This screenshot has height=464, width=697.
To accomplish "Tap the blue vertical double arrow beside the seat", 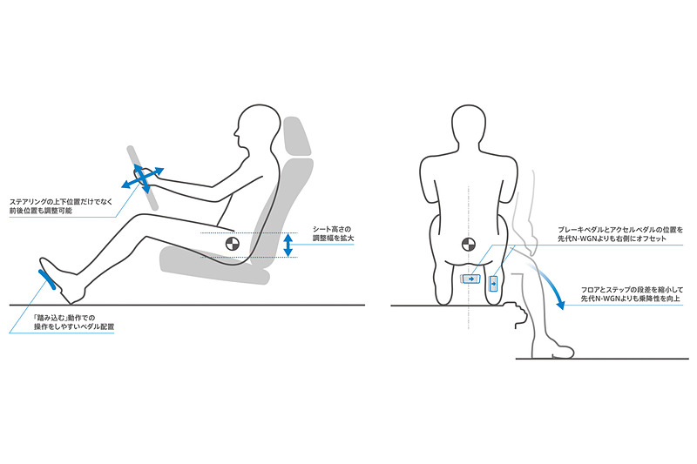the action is pyautogui.click(x=288, y=245).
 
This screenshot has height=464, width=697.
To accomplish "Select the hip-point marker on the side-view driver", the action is pyautogui.click(x=232, y=244).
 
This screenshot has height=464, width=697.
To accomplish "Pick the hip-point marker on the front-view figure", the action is pyautogui.click(x=469, y=244).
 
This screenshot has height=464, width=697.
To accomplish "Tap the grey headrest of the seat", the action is pyautogui.click(x=296, y=137).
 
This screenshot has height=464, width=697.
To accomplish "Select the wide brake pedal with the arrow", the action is pyautogui.click(x=470, y=279).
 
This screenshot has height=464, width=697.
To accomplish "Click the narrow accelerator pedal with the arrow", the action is pyautogui.click(x=493, y=283).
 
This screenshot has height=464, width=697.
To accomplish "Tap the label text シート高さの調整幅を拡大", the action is pyautogui.click(x=334, y=233).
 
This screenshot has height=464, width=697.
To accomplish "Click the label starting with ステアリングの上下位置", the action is pyautogui.click(x=61, y=206).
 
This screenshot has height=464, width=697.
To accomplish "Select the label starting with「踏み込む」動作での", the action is pyautogui.click(x=74, y=322).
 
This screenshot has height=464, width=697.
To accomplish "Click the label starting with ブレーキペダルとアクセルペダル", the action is pyautogui.click(x=620, y=234).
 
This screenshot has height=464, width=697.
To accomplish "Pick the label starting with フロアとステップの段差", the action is pyautogui.click(x=632, y=294).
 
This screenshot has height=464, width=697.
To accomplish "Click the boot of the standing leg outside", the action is pyautogui.click(x=552, y=351).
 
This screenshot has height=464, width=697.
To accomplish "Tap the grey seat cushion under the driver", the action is pyautogui.click(x=214, y=266).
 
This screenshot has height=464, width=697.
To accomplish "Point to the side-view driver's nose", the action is pyautogui.click(x=236, y=132).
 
